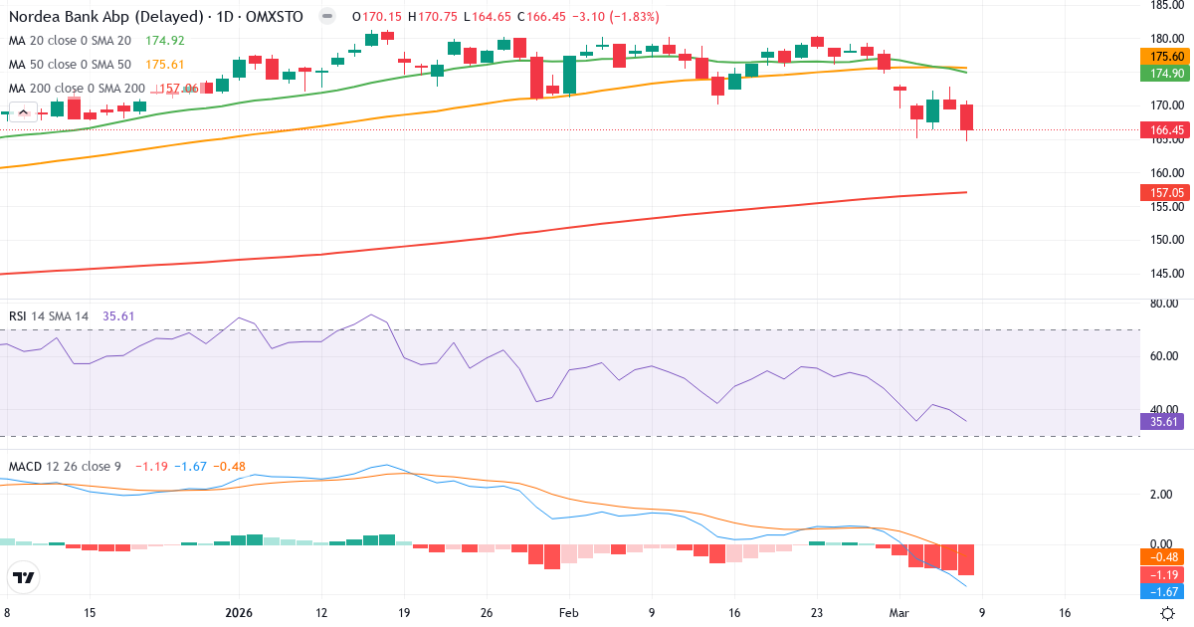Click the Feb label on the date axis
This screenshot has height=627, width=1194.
568,613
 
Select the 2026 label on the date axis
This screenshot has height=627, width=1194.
239,613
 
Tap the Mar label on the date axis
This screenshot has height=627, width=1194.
899,613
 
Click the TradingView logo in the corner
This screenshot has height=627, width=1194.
23,577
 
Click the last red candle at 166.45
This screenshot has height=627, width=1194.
966,117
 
